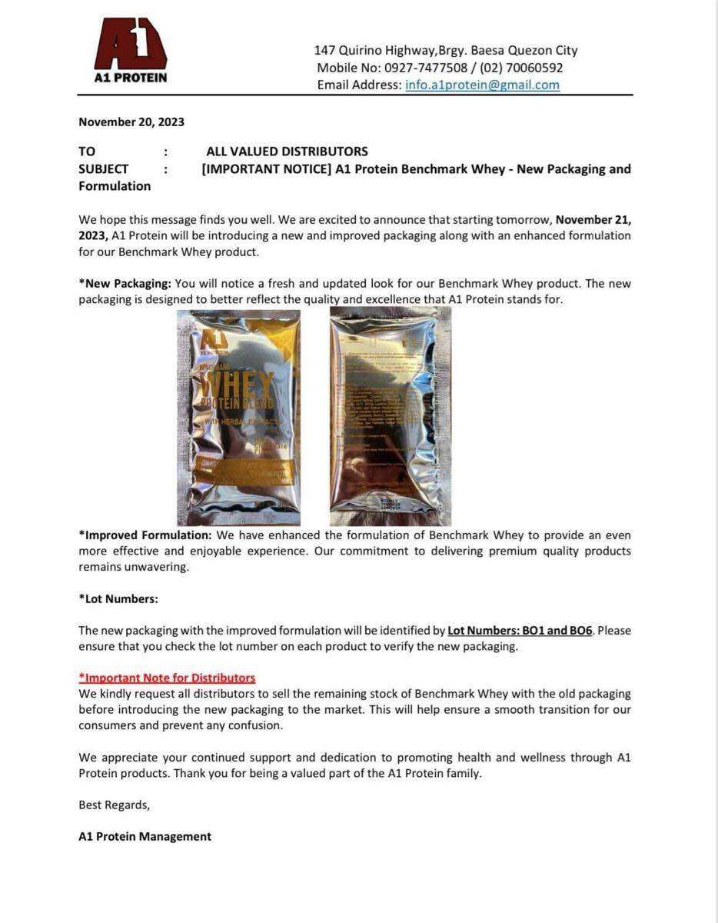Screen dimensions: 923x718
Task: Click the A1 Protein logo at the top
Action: point(130,50)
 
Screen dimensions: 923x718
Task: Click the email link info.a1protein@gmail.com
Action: point(482,85)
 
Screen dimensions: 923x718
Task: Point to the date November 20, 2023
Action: point(131,122)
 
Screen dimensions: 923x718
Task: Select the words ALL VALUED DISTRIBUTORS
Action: point(287,152)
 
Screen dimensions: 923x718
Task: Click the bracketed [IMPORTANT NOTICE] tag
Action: point(266,169)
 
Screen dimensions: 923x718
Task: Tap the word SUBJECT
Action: point(103,169)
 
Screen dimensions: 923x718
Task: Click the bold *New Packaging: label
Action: point(125,284)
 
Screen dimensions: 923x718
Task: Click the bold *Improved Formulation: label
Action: point(145,535)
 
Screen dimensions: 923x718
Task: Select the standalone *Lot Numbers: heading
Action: point(118,599)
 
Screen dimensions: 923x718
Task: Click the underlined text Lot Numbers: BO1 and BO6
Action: point(520,631)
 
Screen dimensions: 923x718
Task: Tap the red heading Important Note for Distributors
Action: point(167,678)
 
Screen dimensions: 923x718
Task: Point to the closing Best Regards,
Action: point(114,805)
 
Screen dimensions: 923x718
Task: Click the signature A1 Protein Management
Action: point(145,836)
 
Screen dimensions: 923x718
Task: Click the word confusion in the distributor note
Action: point(255,725)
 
